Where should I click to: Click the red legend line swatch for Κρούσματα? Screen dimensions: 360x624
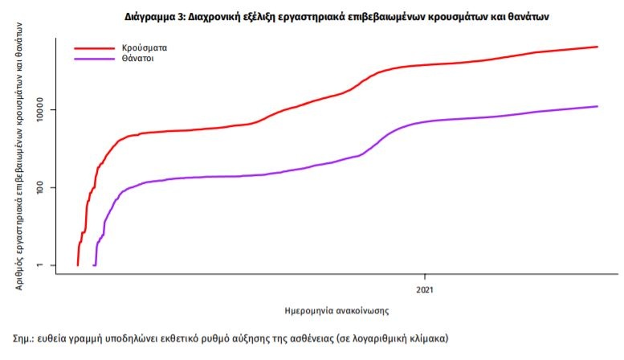(92, 47)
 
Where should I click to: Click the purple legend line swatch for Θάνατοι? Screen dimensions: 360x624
(92, 59)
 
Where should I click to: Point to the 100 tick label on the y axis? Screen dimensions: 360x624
(43, 188)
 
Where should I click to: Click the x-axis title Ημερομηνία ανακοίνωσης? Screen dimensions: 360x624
(337, 309)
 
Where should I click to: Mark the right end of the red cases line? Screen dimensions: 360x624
(597, 47)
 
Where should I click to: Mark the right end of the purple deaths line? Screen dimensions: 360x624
(597, 106)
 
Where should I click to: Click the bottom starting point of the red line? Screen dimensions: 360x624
(77, 264)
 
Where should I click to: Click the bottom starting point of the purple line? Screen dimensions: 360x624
(94, 264)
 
